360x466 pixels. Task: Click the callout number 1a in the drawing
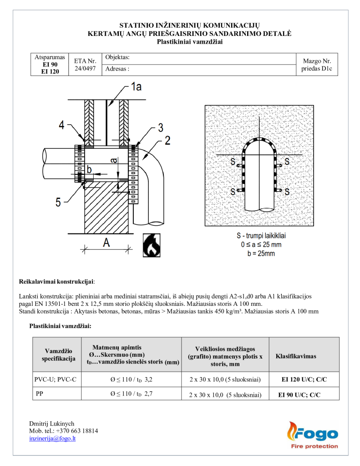click(136, 86)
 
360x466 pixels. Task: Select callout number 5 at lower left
click(58, 202)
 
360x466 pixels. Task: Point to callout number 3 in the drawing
click(160, 127)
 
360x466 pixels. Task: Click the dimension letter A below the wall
click(106, 243)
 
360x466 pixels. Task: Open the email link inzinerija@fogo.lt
click(52, 438)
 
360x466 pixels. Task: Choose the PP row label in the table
click(40, 394)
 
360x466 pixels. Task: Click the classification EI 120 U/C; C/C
click(304, 379)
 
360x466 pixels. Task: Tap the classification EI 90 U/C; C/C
click(299, 395)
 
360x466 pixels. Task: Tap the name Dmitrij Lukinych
click(51, 423)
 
